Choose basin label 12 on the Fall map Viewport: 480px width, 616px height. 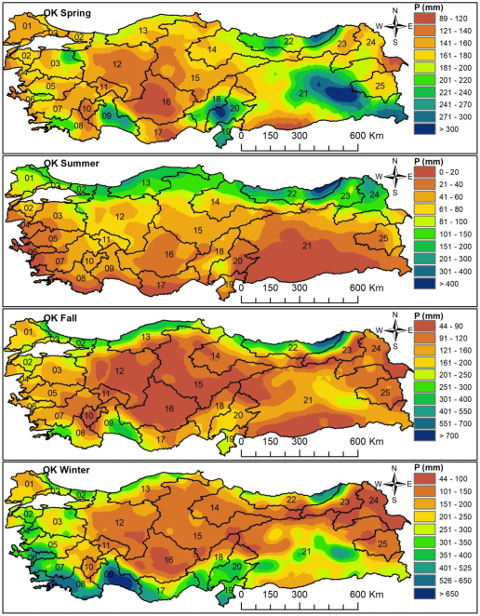(118, 370)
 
